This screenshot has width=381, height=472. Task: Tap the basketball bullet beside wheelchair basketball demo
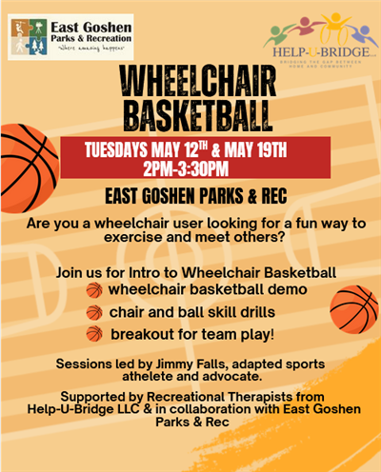coord(93,290)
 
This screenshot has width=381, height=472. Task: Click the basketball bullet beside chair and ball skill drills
coord(93,312)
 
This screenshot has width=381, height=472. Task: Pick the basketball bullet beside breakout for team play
coord(93,334)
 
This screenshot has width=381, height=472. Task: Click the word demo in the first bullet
coord(287,289)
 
